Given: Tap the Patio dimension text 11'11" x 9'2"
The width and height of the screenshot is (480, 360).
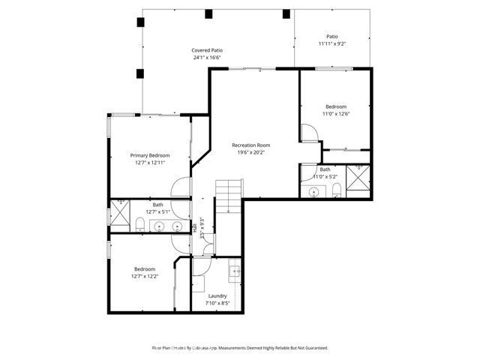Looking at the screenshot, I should point(331,43).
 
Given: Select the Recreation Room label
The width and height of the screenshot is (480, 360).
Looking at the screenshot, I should point(250,145).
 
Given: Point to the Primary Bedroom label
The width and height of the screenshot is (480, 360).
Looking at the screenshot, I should point(149,155).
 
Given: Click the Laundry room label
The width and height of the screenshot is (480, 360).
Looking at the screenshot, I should point(219,295).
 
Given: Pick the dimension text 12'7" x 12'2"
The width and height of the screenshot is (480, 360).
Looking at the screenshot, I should point(145,277).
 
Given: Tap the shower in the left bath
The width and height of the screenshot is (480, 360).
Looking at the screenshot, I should point(120,213).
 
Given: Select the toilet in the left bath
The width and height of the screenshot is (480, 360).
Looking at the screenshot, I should point(140,223).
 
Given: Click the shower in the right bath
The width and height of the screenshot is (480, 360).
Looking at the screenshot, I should point(358,181).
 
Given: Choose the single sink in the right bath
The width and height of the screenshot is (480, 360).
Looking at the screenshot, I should point(313,192).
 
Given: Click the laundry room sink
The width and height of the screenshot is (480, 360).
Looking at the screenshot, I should point(234,274).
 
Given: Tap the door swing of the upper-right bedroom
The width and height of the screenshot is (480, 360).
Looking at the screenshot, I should point(309,133).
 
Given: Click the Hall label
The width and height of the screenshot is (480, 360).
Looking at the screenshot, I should point(195,229).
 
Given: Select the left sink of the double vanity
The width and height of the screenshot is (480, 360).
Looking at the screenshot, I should point(159,226).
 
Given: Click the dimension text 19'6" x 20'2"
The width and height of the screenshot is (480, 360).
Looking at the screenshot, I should point(250,152).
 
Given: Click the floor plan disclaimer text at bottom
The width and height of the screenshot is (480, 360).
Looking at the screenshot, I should point(240,348).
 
